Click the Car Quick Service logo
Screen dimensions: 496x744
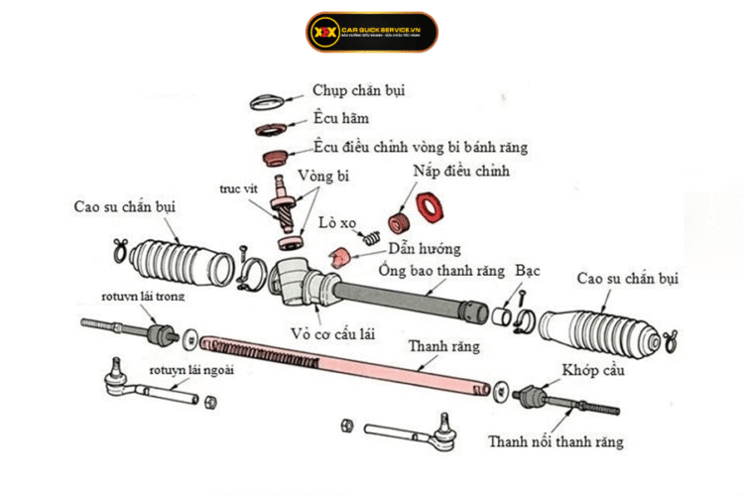(371, 32)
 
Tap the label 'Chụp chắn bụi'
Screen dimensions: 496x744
(357, 90)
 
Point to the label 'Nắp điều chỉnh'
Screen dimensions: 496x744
(461, 171)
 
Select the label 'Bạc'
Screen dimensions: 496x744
(527, 270)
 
